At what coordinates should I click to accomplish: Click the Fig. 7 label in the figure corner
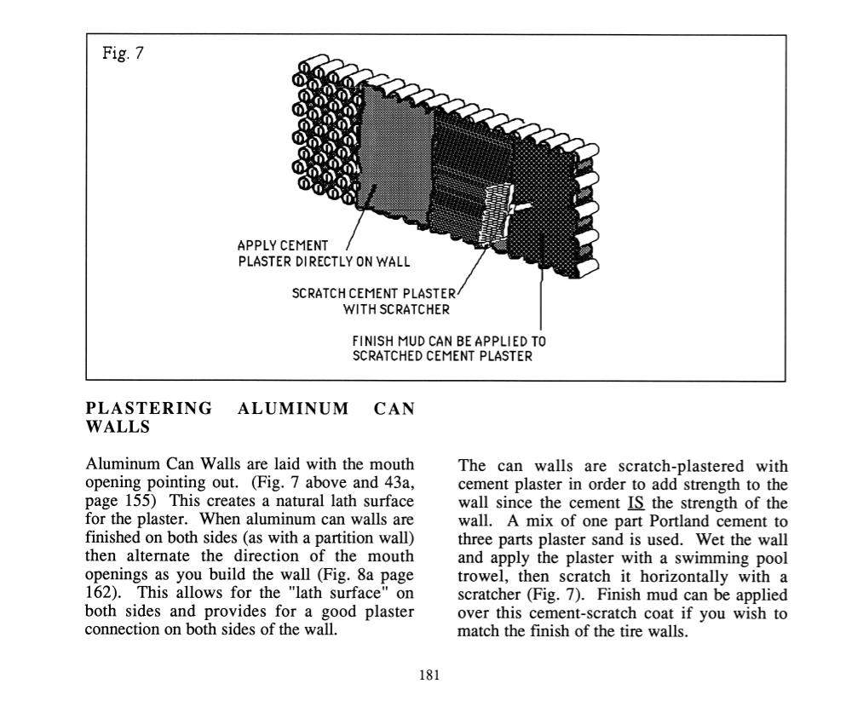[121, 53]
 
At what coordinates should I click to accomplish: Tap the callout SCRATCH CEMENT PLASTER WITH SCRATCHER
[375, 300]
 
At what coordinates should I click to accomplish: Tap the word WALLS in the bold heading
[118, 427]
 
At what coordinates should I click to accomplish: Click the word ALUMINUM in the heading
[295, 408]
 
